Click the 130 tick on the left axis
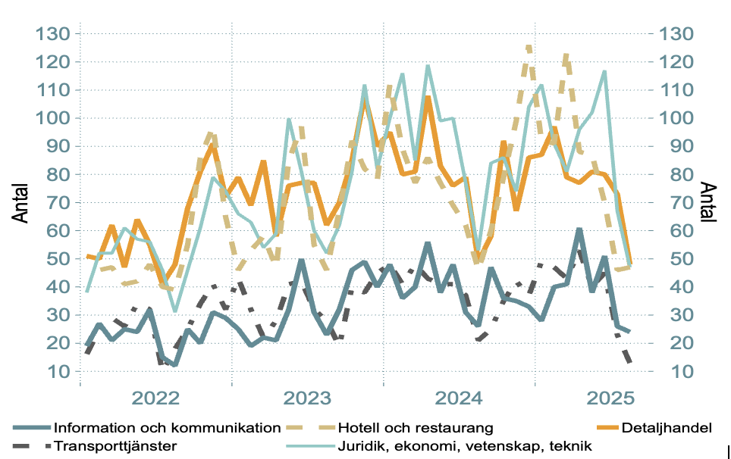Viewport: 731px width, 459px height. (x=52, y=34)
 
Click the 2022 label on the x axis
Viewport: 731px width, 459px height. (x=155, y=398)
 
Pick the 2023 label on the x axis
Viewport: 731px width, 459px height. (x=307, y=398)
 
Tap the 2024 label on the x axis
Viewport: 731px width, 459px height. (x=459, y=398)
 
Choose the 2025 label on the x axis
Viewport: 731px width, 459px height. (x=610, y=398)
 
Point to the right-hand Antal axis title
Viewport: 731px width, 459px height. (x=707, y=202)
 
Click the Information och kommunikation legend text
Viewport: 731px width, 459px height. (x=168, y=428)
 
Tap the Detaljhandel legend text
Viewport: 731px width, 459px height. (x=667, y=428)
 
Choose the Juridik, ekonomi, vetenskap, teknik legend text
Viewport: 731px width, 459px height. (x=466, y=446)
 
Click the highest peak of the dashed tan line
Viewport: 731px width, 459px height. (x=529, y=47)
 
